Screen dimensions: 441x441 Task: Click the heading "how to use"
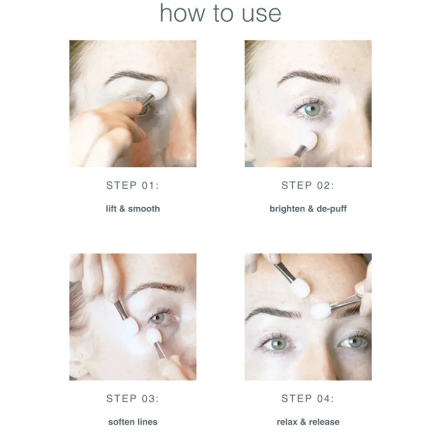click(x=220, y=13)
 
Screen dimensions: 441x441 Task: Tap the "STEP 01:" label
click(x=132, y=186)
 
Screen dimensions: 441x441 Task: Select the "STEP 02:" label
click(x=308, y=186)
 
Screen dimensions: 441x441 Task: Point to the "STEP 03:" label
click(x=132, y=398)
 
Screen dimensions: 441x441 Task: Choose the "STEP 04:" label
click(x=308, y=398)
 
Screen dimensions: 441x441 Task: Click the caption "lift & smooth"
click(x=133, y=209)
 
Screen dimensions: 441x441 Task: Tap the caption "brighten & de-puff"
click(x=308, y=209)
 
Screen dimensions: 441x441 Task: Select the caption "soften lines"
click(x=133, y=422)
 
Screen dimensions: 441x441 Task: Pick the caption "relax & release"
click(x=308, y=422)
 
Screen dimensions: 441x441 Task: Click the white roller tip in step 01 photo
click(x=158, y=91)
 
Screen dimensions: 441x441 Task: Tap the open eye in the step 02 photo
click(x=311, y=109)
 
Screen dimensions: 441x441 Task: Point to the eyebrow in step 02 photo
click(x=309, y=77)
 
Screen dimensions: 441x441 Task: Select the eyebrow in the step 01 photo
click(x=135, y=77)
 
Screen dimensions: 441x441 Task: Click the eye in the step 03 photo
click(x=160, y=318)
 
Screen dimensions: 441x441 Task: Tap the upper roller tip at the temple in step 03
click(x=130, y=326)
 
